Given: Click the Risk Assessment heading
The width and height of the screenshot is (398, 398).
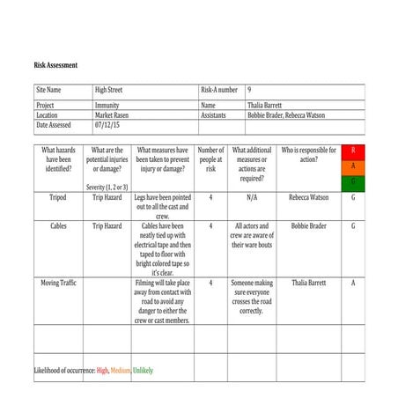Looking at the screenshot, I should pos(55,65).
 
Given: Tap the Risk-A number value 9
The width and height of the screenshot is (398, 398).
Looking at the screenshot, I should pos(249,90).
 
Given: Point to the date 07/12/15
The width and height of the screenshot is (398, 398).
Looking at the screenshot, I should pos(109,125).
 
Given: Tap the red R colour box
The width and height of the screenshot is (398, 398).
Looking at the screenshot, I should pos(353,151).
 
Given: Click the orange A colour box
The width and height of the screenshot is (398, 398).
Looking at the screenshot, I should pos(353,166).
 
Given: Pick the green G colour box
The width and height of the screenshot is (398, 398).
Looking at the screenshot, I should pos(353,182).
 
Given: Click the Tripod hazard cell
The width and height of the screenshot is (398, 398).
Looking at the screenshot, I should pos(59,198).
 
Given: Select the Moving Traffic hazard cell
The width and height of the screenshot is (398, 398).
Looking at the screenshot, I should pos(59,284).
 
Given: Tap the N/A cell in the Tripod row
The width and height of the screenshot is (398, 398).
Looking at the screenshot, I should pos(251,198).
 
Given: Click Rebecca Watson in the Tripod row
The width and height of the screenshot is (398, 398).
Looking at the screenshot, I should pos(308,198).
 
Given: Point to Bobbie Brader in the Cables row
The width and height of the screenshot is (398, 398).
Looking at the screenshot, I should pos(308,226).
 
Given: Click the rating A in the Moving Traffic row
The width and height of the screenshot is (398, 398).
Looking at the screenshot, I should pos(353,284).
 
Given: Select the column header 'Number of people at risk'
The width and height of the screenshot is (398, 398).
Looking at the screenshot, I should pos(210,159).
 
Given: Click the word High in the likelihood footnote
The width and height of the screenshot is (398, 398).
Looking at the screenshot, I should pos(103,371).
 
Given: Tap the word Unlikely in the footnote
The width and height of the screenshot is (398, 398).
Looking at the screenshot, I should pos(142,371).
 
